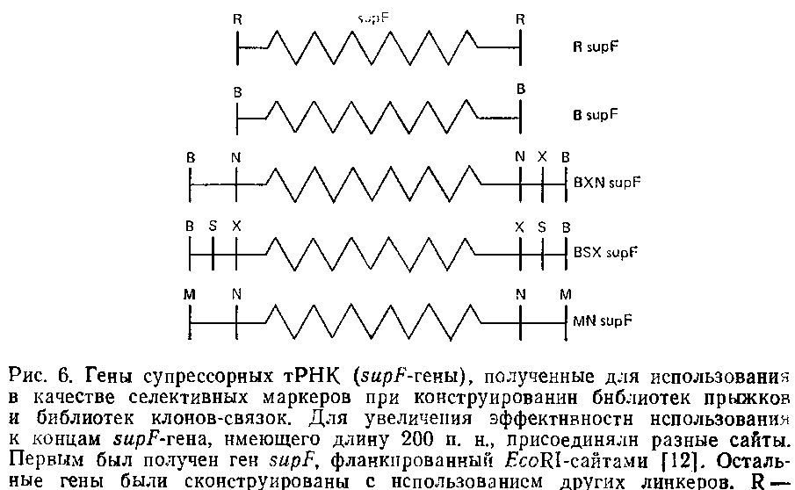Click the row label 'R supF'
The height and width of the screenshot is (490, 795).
click(596, 49)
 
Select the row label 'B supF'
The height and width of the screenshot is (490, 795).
click(595, 115)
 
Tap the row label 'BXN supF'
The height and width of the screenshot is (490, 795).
click(606, 184)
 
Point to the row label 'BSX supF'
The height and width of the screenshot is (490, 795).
click(605, 253)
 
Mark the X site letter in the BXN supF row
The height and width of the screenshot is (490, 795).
click(543, 156)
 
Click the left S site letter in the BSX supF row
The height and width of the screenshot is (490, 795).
click(213, 226)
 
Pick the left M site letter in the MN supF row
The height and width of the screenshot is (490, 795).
click(189, 294)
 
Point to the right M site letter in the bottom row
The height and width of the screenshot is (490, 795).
click(566, 294)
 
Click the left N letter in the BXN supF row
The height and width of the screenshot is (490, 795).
click(236, 156)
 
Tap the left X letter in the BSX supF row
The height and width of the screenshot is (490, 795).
click(236, 226)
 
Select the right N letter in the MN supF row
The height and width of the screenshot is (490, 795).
click(520, 294)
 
